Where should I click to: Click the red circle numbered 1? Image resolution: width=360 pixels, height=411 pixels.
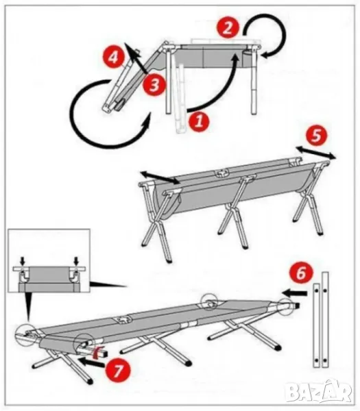click(x=199, y=122)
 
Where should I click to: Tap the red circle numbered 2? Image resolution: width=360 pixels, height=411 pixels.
click(x=228, y=28)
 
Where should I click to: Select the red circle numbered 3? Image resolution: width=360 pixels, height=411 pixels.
click(x=154, y=85)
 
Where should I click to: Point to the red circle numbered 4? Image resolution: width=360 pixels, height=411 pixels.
click(x=113, y=58)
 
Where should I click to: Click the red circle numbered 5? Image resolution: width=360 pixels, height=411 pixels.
click(x=316, y=136)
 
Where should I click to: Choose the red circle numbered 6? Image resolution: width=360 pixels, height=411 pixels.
click(x=301, y=273)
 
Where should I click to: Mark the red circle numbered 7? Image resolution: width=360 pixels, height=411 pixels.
click(x=118, y=371)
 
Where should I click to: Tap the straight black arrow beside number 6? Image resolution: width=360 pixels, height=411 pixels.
click(x=294, y=292)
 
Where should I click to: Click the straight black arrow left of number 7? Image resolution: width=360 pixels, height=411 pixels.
click(x=92, y=362)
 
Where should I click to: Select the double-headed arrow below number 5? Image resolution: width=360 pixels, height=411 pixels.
click(x=316, y=153)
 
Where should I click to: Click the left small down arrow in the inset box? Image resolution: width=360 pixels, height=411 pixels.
click(x=23, y=261)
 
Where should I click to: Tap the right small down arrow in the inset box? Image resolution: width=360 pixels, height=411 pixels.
click(x=76, y=261)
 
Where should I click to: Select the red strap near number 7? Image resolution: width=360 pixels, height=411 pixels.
click(x=98, y=351)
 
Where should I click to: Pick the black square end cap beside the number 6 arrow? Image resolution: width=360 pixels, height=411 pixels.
click(x=297, y=305)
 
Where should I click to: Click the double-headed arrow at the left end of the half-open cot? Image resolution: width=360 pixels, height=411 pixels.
click(x=160, y=177)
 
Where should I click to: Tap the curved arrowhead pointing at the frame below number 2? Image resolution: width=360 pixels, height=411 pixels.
click(x=265, y=55)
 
